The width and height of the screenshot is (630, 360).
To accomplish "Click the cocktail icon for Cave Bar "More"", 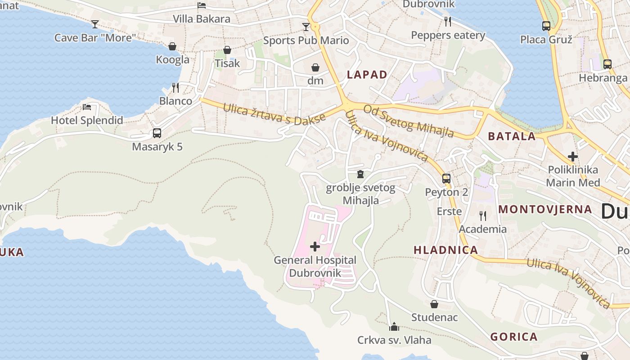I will pos(95,24).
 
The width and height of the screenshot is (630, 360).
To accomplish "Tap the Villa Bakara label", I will pos(202,19).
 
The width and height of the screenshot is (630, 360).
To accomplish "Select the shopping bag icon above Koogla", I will pos(172,46).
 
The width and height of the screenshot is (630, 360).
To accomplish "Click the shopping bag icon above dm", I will pos(315,67).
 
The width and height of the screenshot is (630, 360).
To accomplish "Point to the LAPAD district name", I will pos(367,75).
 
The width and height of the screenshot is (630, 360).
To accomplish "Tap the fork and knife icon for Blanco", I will pos(175,87).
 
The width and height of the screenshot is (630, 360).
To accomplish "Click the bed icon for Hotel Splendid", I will pos(87,107).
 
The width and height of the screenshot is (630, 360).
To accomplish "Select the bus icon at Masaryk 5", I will pos(157,133).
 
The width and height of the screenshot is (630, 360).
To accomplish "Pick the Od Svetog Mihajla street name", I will pos(408,121).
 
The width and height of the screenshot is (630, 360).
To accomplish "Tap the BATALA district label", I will pos(512,136).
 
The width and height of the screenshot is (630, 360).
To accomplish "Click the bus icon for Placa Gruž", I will pos(546,26).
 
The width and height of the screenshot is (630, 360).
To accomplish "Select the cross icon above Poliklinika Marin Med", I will pos(572,157).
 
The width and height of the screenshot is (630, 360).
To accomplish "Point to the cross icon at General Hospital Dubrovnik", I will pos(315,247).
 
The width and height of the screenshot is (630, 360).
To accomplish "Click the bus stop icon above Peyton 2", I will pos(446,179).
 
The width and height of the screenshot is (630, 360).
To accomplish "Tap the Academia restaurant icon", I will pos(482,216).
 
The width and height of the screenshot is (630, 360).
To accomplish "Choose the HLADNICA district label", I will pos(445,250).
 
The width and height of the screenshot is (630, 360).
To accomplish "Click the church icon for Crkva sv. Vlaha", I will pos(394,326).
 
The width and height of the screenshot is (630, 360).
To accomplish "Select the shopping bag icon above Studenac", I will pos(434,304).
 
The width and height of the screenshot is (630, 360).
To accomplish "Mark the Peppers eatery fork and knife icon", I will pos(447,21).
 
